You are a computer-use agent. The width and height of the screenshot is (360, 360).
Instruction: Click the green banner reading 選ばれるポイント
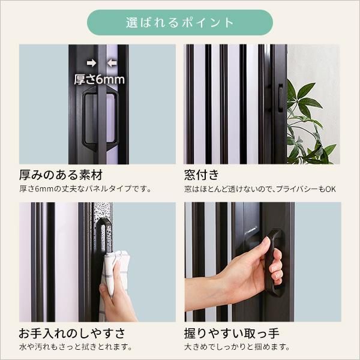coord(180,23)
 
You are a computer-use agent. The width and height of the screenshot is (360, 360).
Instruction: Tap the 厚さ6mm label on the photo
coord(99,79)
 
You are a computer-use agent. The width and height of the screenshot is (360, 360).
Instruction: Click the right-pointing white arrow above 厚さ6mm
coord(91,62)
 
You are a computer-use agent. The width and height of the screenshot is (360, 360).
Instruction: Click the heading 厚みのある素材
coord(61,175)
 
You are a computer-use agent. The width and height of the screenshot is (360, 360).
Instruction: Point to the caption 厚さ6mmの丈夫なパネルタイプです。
coord(85,190)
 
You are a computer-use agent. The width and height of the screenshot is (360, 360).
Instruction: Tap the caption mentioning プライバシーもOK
coord(260,190)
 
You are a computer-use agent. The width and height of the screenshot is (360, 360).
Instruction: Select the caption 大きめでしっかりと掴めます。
coord(237,347)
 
